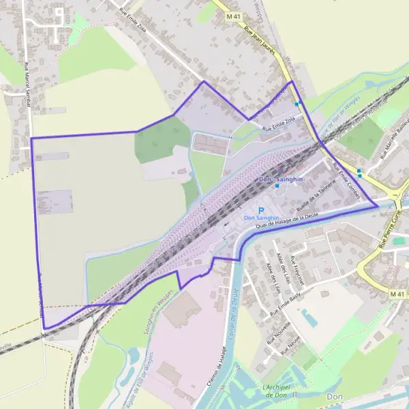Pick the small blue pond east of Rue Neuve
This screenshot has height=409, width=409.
point(308,318)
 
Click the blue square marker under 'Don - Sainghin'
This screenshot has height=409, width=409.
point(277,185)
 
